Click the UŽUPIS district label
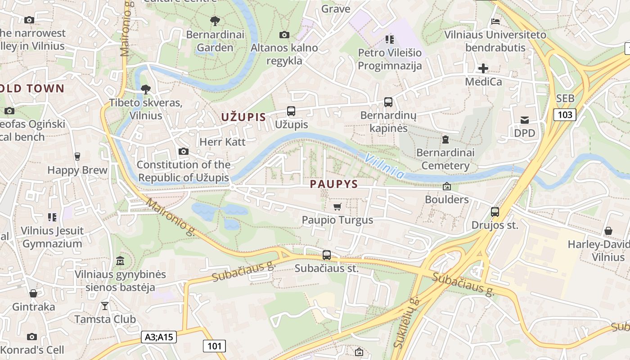pyautogui.click(x=243, y=117)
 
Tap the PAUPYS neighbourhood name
pyautogui.click(x=334, y=184)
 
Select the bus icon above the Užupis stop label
pyautogui.click(x=291, y=111)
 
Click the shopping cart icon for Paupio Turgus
pyautogui.click(x=337, y=207)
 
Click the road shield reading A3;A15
pyautogui.click(x=159, y=337)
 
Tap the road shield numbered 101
pyautogui.click(x=214, y=346)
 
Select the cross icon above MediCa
pyautogui.click(x=483, y=68)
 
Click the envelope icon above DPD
pyautogui.click(x=525, y=120)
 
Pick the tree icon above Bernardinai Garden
pyautogui.click(x=215, y=21)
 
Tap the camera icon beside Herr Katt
pyautogui.click(x=183, y=151)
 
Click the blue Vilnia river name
pyautogui.click(x=384, y=166)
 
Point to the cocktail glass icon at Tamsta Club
pyautogui.click(x=105, y=306)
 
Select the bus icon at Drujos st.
pyautogui.click(x=495, y=211)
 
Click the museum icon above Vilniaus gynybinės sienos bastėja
pyautogui.click(x=120, y=261)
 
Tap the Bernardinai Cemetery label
pyautogui.click(x=445, y=159)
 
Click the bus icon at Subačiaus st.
pyautogui.click(x=327, y=255)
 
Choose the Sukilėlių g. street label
pyautogui.click(x=406, y=323)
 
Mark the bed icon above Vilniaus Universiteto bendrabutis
pyautogui.click(x=495, y=21)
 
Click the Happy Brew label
pyautogui.click(x=77, y=170)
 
